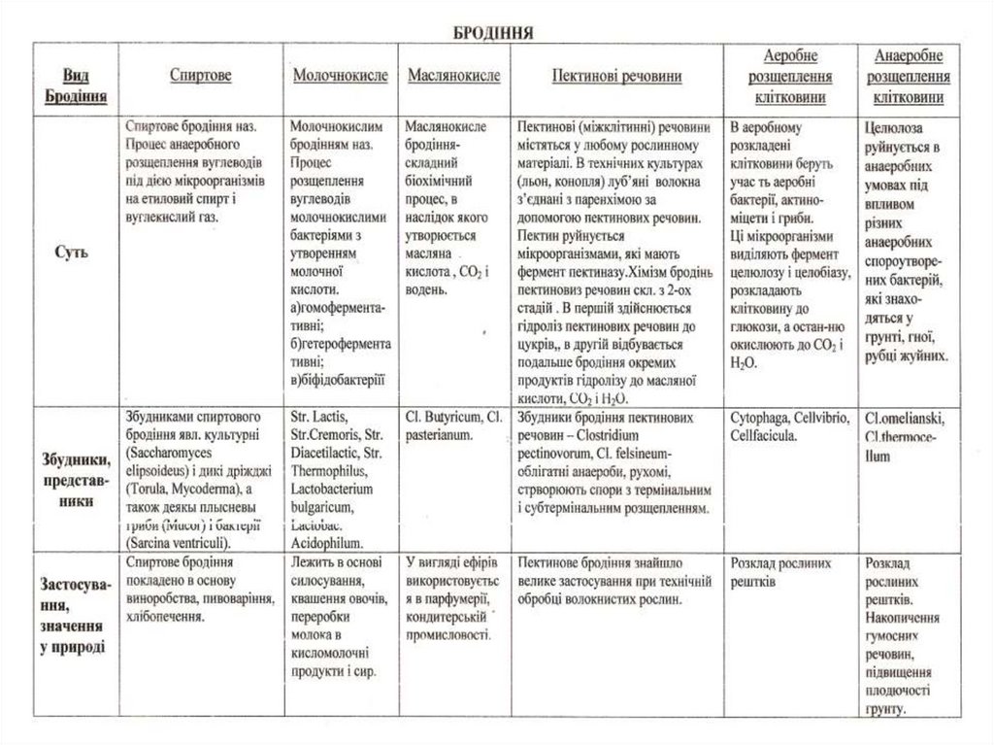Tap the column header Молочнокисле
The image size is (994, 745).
click(x=340, y=75)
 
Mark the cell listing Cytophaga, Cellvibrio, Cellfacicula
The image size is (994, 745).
click(x=789, y=426)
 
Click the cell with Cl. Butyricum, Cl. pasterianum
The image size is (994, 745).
click(x=452, y=426)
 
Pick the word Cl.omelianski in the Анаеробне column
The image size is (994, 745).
click(x=904, y=419)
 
